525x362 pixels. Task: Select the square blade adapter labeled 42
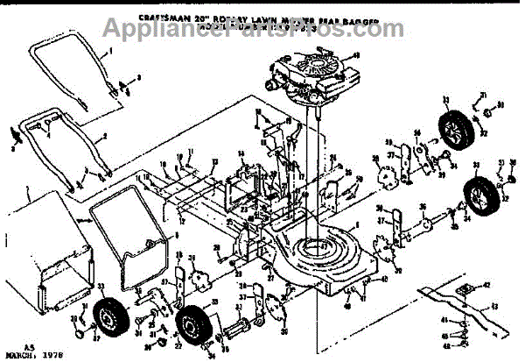pos(466,284)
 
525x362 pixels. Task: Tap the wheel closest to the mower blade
pos(479,198)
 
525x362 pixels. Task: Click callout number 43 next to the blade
pos(495,306)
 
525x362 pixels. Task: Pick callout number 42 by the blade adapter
pos(487,285)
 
